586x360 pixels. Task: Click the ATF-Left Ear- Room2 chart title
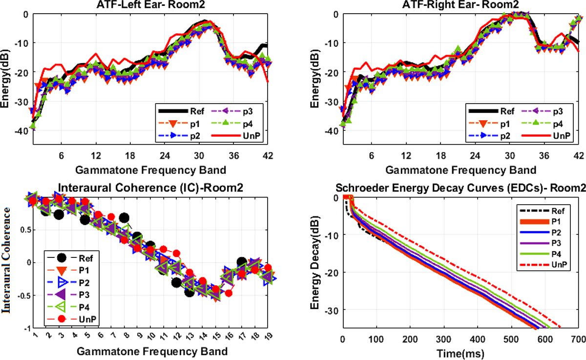[151, 4]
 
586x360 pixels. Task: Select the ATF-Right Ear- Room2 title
[460, 4]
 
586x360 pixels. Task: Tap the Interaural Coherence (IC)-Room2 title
[150, 188]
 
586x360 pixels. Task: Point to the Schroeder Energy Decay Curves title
[460, 188]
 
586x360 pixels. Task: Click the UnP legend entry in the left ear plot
[235, 136]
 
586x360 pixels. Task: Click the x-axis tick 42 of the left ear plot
[268, 156]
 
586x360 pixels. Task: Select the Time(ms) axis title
[460, 354]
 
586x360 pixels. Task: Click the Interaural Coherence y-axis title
[6, 260]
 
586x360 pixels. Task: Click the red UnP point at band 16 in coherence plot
[229, 293]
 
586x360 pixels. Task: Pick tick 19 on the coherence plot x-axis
[269, 336]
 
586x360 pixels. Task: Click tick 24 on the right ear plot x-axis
[475, 156]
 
